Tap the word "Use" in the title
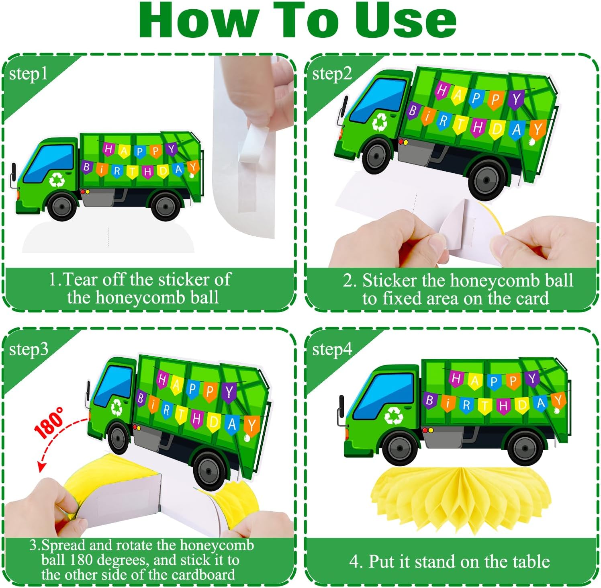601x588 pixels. click(x=405, y=20)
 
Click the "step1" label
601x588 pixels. click(x=28, y=74)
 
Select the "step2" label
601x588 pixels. click(x=332, y=74)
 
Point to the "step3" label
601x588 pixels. click(x=29, y=350)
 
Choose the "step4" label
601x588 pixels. click(x=332, y=350)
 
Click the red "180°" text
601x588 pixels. click(x=49, y=422)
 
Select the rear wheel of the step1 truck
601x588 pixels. click(x=166, y=206)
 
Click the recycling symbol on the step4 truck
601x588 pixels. click(x=394, y=416)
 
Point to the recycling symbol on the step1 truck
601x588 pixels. click(x=57, y=180)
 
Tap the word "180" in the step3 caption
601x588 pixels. click(x=82, y=560)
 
